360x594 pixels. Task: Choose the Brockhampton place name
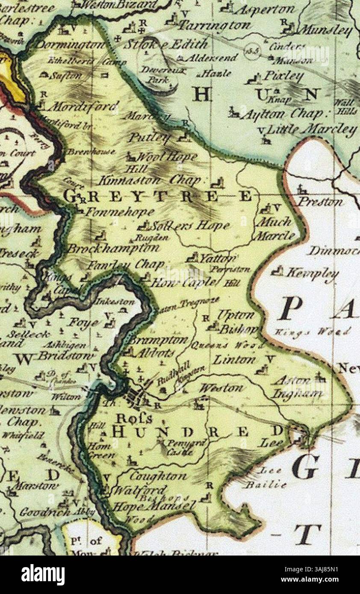113,248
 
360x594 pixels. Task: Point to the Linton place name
234,359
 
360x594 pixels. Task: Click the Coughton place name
153,476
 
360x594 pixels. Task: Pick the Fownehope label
120,212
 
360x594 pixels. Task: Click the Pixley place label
283,76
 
